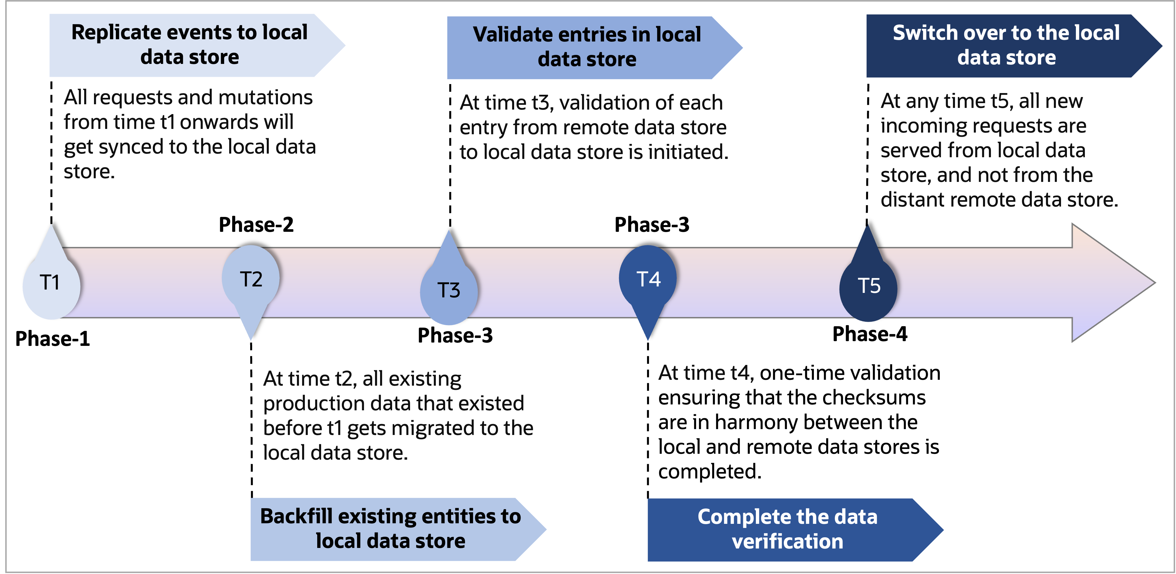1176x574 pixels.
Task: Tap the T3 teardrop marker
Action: click(449, 290)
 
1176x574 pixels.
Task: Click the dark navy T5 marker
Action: click(868, 286)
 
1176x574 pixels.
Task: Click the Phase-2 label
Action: click(256, 224)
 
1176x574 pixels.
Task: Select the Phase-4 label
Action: click(870, 334)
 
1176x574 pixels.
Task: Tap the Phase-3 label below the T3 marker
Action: click(455, 335)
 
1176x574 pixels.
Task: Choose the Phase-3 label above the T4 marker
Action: click(652, 224)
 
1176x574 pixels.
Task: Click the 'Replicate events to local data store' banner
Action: click(190, 45)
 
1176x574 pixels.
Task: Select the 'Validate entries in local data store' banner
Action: click(587, 47)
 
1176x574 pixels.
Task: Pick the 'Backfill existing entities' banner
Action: click(390, 529)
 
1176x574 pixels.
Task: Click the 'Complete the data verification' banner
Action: click(788, 529)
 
